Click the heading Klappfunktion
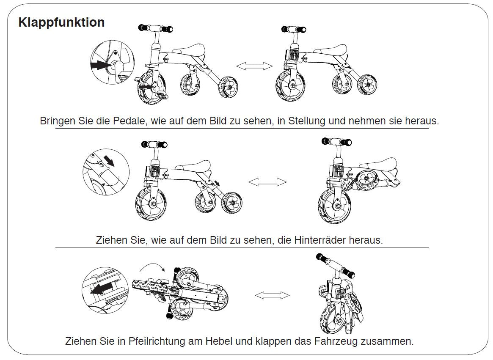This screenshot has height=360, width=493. [61, 22]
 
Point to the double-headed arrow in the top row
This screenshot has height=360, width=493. [254, 66]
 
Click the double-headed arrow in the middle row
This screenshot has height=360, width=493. [267, 182]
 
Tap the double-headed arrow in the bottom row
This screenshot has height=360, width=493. [273, 295]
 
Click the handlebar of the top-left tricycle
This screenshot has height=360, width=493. [156, 29]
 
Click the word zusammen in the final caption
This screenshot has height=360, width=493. [386, 341]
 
